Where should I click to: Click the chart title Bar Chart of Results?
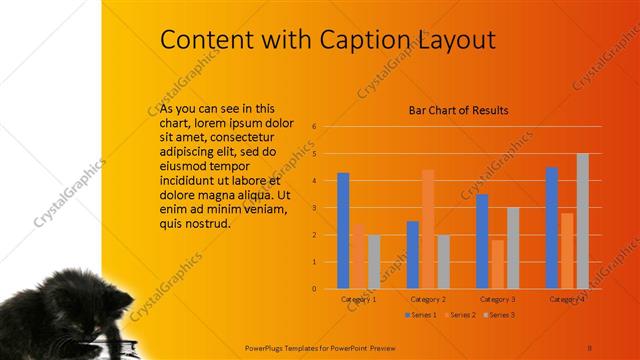coord(459,110)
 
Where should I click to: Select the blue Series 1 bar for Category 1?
coord(343,231)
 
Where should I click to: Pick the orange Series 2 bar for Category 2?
coord(428,229)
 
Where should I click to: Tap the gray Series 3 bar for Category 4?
coord(583,221)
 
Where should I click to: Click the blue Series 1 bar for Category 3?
coord(482,241)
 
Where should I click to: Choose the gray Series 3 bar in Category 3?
coord(513,248)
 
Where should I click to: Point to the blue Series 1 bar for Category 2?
coord(412,255)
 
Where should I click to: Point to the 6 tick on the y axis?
coord(314,127)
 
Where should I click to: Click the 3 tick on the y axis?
coord(314,208)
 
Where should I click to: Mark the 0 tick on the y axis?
coord(314,289)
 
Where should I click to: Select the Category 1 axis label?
coord(358,299)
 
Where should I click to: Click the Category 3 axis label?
coord(497,299)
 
